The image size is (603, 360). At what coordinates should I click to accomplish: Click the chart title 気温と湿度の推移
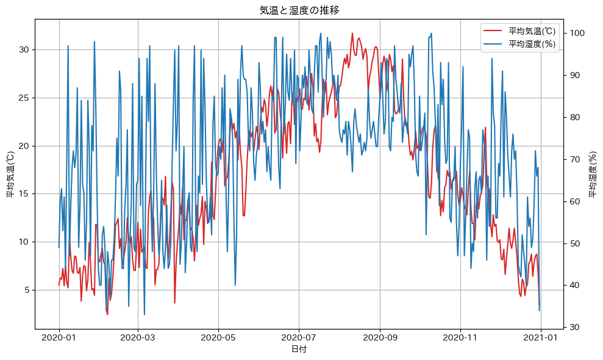[299, 10]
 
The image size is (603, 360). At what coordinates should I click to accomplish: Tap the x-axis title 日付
[299, 350]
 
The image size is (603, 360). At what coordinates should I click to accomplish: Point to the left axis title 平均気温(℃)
[10, 175]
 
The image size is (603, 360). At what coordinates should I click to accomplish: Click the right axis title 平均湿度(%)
[592, 175]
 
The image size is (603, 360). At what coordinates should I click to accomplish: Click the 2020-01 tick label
[59, 337]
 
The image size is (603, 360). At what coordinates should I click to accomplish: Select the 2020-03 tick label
[138, 337]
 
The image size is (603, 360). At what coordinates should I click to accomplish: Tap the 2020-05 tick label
[218, 337]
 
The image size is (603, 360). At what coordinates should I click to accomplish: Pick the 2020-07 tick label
[299, 337]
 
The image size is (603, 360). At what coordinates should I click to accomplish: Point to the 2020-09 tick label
[380, 337]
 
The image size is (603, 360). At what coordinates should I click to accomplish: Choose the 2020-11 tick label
[460, 337]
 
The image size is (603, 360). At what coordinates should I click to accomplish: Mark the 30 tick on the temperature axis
[25, 49]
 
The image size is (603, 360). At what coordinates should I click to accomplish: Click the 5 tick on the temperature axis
[27, 290]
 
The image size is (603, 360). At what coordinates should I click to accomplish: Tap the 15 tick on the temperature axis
[25, 194]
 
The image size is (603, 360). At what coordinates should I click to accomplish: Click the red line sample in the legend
[492, 31]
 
